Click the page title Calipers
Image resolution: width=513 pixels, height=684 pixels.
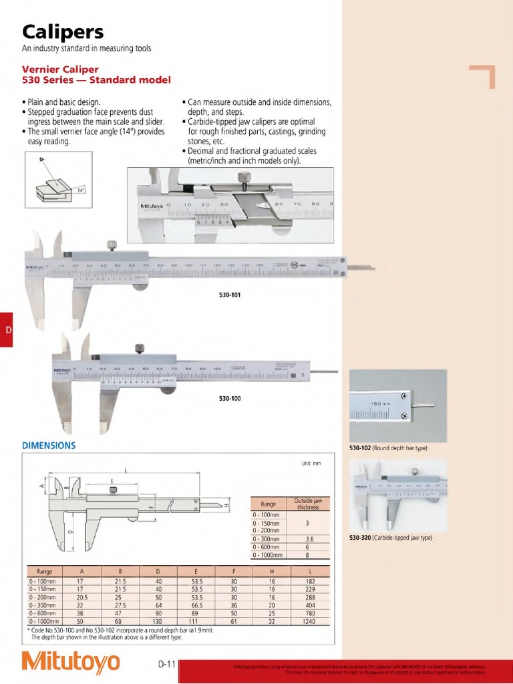pos(64,31)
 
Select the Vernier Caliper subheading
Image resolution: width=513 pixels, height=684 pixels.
pos(61,69)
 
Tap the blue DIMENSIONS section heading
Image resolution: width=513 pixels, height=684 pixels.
pos(49,445)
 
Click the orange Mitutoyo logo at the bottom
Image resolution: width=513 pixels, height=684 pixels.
pos(71,662)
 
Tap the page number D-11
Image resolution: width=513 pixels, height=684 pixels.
pos(166,664)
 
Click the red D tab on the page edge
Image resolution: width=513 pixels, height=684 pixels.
pos(7,330)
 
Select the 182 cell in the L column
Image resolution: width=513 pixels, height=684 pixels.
pos(309,581)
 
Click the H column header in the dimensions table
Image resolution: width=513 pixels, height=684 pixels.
pos(272,572)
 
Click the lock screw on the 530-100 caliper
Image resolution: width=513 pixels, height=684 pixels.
pos(140,347)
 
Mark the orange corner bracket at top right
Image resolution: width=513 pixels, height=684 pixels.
pos(484,75)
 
